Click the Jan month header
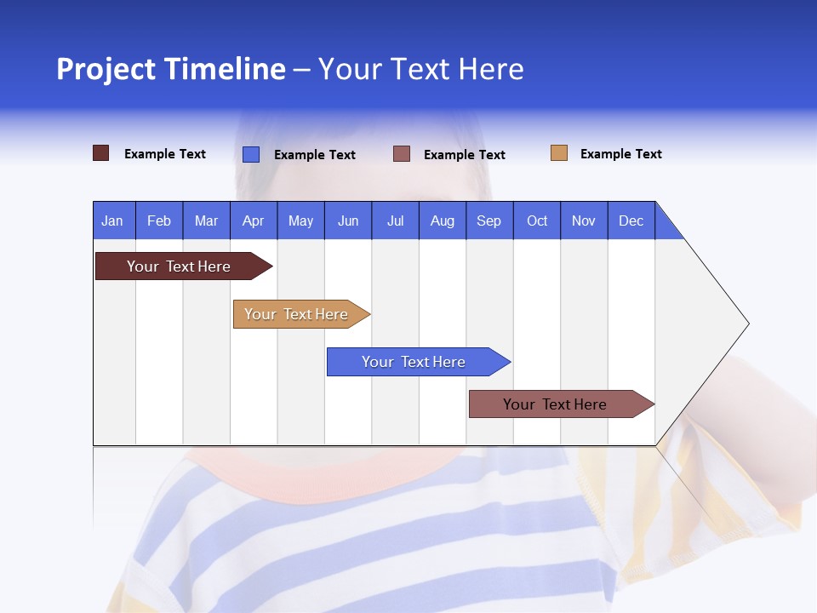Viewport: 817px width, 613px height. click(113, 221)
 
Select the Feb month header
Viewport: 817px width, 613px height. click(159, 221)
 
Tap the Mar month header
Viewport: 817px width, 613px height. click(206, 221)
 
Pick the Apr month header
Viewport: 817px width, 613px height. click(254, 221)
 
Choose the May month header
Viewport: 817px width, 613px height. click(300, 221)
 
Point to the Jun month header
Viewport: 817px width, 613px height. click(348, 221)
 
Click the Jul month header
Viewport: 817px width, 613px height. click(395, 221)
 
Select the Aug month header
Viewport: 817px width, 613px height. click(443, 221)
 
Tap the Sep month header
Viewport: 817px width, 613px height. click(489, 221)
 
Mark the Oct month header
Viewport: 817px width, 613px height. click(537, 221)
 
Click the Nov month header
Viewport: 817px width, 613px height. click(584, 221)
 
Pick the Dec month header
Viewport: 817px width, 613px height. click(631, 221)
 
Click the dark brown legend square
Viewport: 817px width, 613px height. click(101, 153)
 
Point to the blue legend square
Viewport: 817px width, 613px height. click(251, 154)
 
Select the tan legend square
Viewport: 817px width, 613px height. click(559, 153)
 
